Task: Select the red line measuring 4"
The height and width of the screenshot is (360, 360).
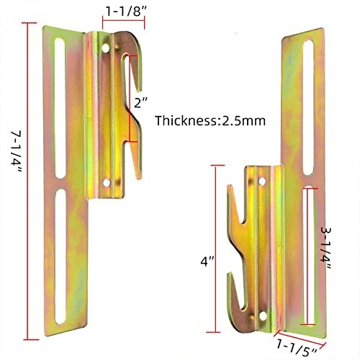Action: (x=215, y=248)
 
